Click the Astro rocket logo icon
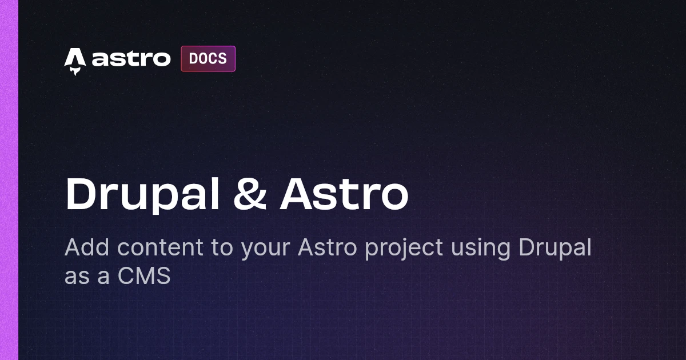tap(75, 61)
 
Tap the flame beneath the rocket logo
tap(75, 71)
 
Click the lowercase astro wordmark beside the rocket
tap(131, 58)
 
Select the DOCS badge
tap(208, 59)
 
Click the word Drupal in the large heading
tap(142, 195)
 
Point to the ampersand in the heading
tap(250, 194)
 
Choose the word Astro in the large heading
tap(344, 194)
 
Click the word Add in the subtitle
tap(87, 247)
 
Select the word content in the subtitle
tap(160, 247)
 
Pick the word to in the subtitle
tap(222, 248)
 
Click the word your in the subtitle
tap(265, 250)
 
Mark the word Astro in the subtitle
tap(328, 247)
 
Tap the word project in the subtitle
tap(404, 249)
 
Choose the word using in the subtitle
tap(481, 249)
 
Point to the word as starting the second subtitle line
tap(77, 277)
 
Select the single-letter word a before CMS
tap(103, 277)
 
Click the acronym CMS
tap(144, 275)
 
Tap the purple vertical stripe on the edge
tap(9, 180)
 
